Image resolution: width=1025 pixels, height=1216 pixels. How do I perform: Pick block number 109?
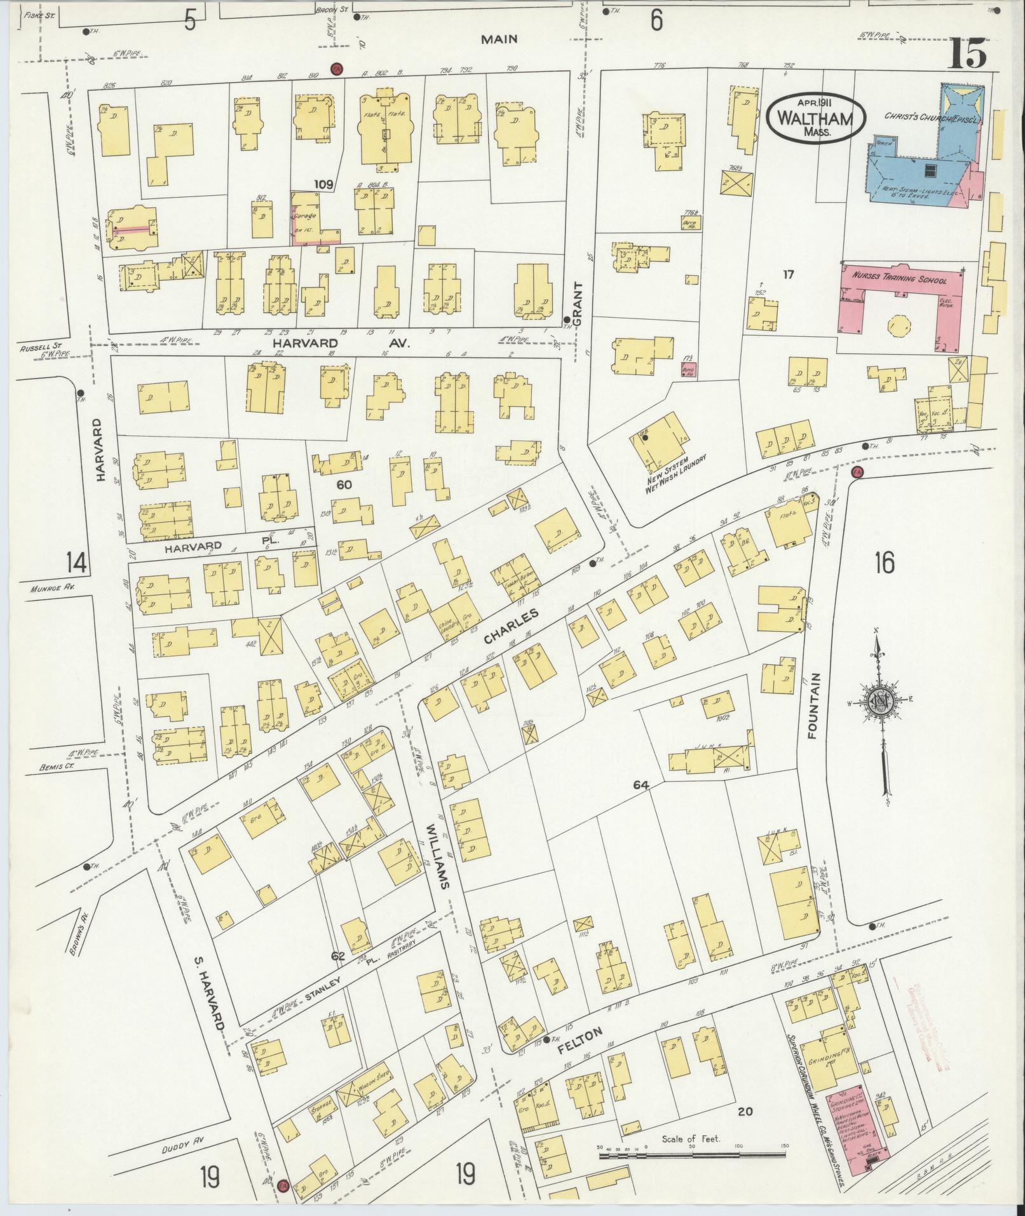pos(323,185)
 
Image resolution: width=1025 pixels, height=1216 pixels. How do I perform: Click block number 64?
pos(640,786)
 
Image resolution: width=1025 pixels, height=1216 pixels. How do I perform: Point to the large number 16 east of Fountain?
pos(883,563)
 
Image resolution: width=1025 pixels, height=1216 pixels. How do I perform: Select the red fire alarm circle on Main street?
pos(336,69)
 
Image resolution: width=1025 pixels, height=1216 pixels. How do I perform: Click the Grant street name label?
pos(577,304)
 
